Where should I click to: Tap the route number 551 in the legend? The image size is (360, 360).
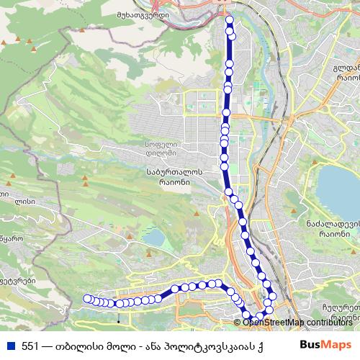(x=30, y=345)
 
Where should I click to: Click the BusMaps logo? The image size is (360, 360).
(x=325, y=344)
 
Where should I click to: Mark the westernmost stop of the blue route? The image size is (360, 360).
(x=87, y=298)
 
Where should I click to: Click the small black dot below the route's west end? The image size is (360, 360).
(x=118, y=315)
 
